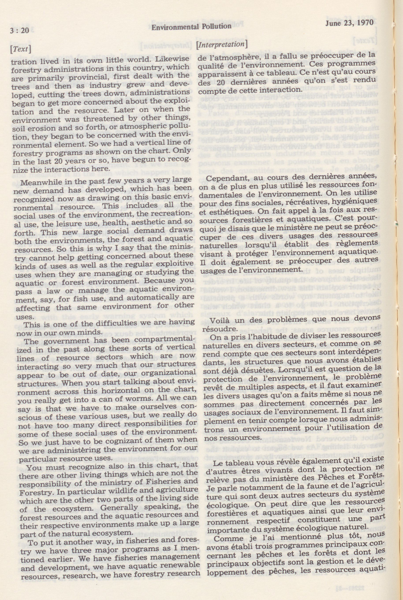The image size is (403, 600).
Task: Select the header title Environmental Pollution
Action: [192, 26]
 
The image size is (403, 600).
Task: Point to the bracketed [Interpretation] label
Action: [222, 45]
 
